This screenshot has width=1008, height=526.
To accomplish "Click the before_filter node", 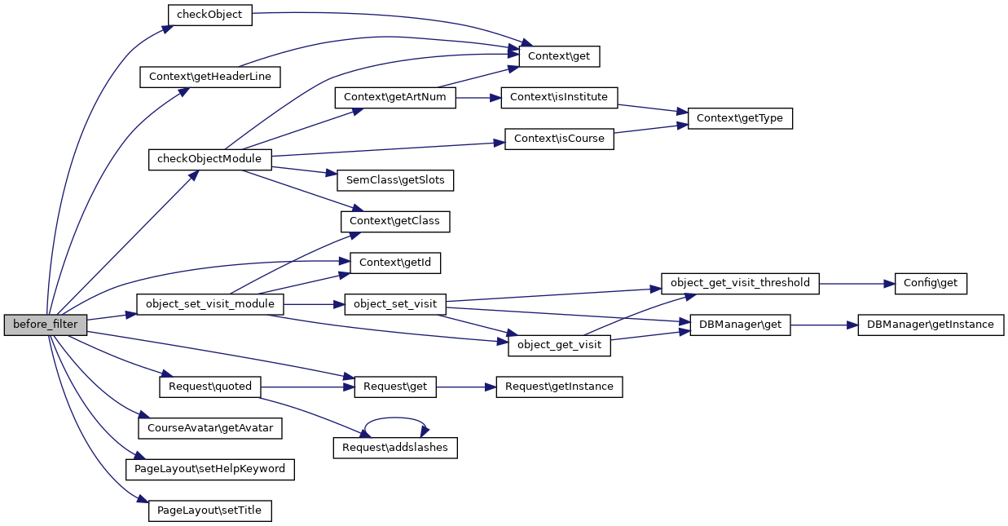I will click(x=45, y=325).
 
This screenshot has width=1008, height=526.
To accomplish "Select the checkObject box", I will click(x=209, y=15).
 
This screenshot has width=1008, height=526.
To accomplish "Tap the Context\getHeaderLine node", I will click(x=210, y=77).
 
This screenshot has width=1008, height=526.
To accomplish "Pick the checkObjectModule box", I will click(x=209, y=159).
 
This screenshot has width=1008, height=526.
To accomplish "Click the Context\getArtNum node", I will click(x=395, y=97).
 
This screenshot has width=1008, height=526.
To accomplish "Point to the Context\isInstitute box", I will click(x=559, y=97).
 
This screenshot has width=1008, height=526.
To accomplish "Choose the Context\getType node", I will click(x=740, y=118).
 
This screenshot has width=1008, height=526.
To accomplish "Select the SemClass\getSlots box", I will click(x=389, y=180).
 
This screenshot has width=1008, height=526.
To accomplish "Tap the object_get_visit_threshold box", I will click(x=740, y=283).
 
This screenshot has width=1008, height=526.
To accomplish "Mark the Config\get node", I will click(x=931, y=283).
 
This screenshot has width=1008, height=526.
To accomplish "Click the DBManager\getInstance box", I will click(x=931, y=325).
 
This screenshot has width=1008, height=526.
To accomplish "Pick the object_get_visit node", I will click(x=560, y=345).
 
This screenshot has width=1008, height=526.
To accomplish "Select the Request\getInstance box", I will click(x=559, y=387).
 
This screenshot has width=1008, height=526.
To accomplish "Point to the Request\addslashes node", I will click(x=395, y=448).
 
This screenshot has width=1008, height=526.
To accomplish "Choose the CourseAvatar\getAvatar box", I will click(x=210, y=427).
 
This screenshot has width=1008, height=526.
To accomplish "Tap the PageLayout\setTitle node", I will click(x=209, y=511).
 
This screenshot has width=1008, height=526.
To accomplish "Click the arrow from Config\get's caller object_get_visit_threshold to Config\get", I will click(x=856, y=283).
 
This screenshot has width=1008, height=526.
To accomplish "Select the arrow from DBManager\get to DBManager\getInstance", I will click(x=824, y=325).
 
